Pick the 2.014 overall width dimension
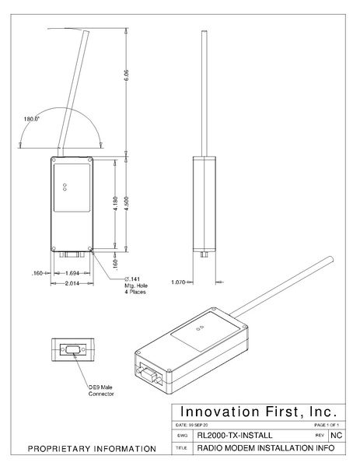point(70,282)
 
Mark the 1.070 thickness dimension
point(180,282)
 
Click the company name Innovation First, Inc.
point(258,410)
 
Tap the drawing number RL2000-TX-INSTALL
point(235,436)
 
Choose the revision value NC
point(337,436)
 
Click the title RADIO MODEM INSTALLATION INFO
point(260,449)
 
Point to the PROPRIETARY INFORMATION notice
point(92,450)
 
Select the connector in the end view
point(73,349)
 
